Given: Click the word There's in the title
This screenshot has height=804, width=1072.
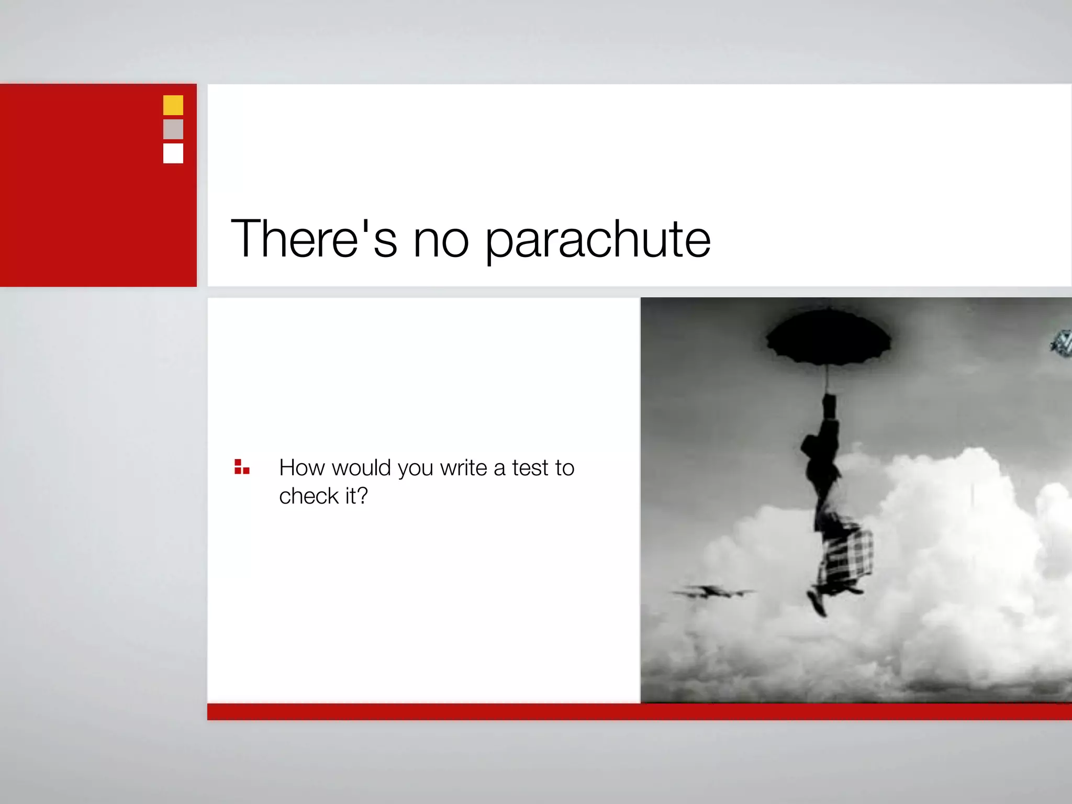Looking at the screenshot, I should tap(314, 239).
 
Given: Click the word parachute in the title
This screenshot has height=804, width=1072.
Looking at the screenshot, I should tap(598, 241).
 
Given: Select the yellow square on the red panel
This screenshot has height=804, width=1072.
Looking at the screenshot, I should tap(173, 105).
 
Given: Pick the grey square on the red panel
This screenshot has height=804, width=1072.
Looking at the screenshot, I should tap(173, 129).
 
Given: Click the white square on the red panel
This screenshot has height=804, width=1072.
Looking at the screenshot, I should tap(173, 153).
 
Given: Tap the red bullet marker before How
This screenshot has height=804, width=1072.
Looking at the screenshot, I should tap(242, 467).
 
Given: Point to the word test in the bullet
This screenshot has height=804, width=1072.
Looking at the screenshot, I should tap(530, 468).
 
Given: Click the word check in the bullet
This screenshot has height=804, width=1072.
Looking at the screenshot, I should tap(309, 496).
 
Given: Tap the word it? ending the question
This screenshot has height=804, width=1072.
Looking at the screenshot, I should tap(356, 496).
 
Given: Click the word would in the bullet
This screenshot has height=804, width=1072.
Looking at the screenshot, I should tap(361, 467).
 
